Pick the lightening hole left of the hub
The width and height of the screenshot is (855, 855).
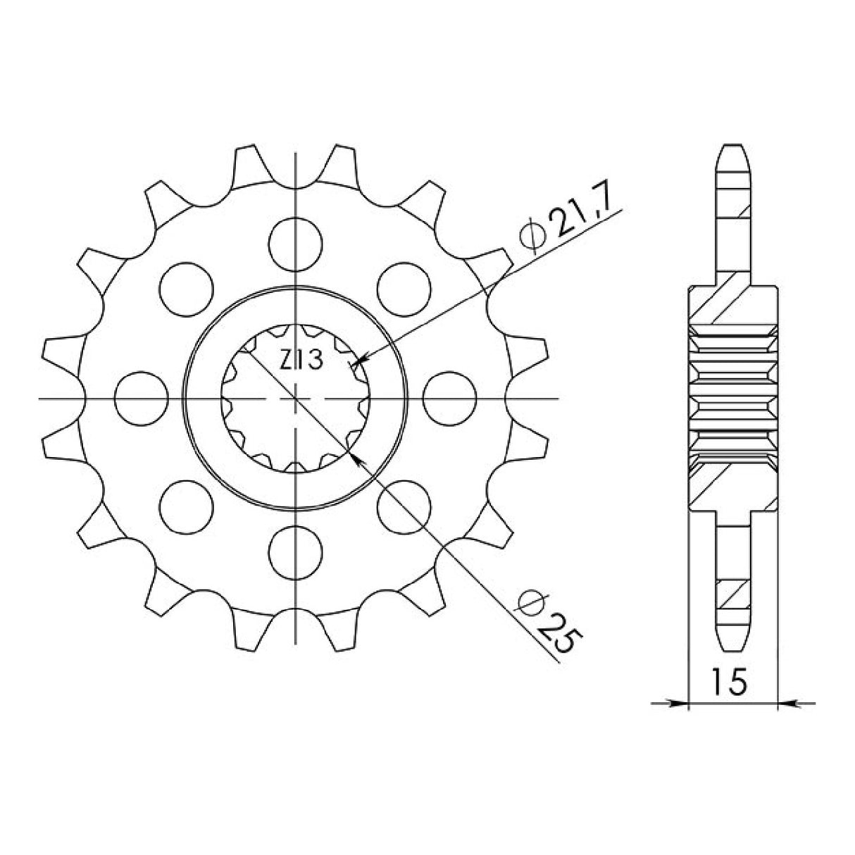[x=141, y=398]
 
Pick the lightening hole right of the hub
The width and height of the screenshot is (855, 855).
[x=451, y=398]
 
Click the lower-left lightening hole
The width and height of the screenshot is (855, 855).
[x=187, y=506]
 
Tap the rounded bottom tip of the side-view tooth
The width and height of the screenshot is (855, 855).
[x=733, y=649]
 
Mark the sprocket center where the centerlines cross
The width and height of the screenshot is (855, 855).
[x=297, y=399]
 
